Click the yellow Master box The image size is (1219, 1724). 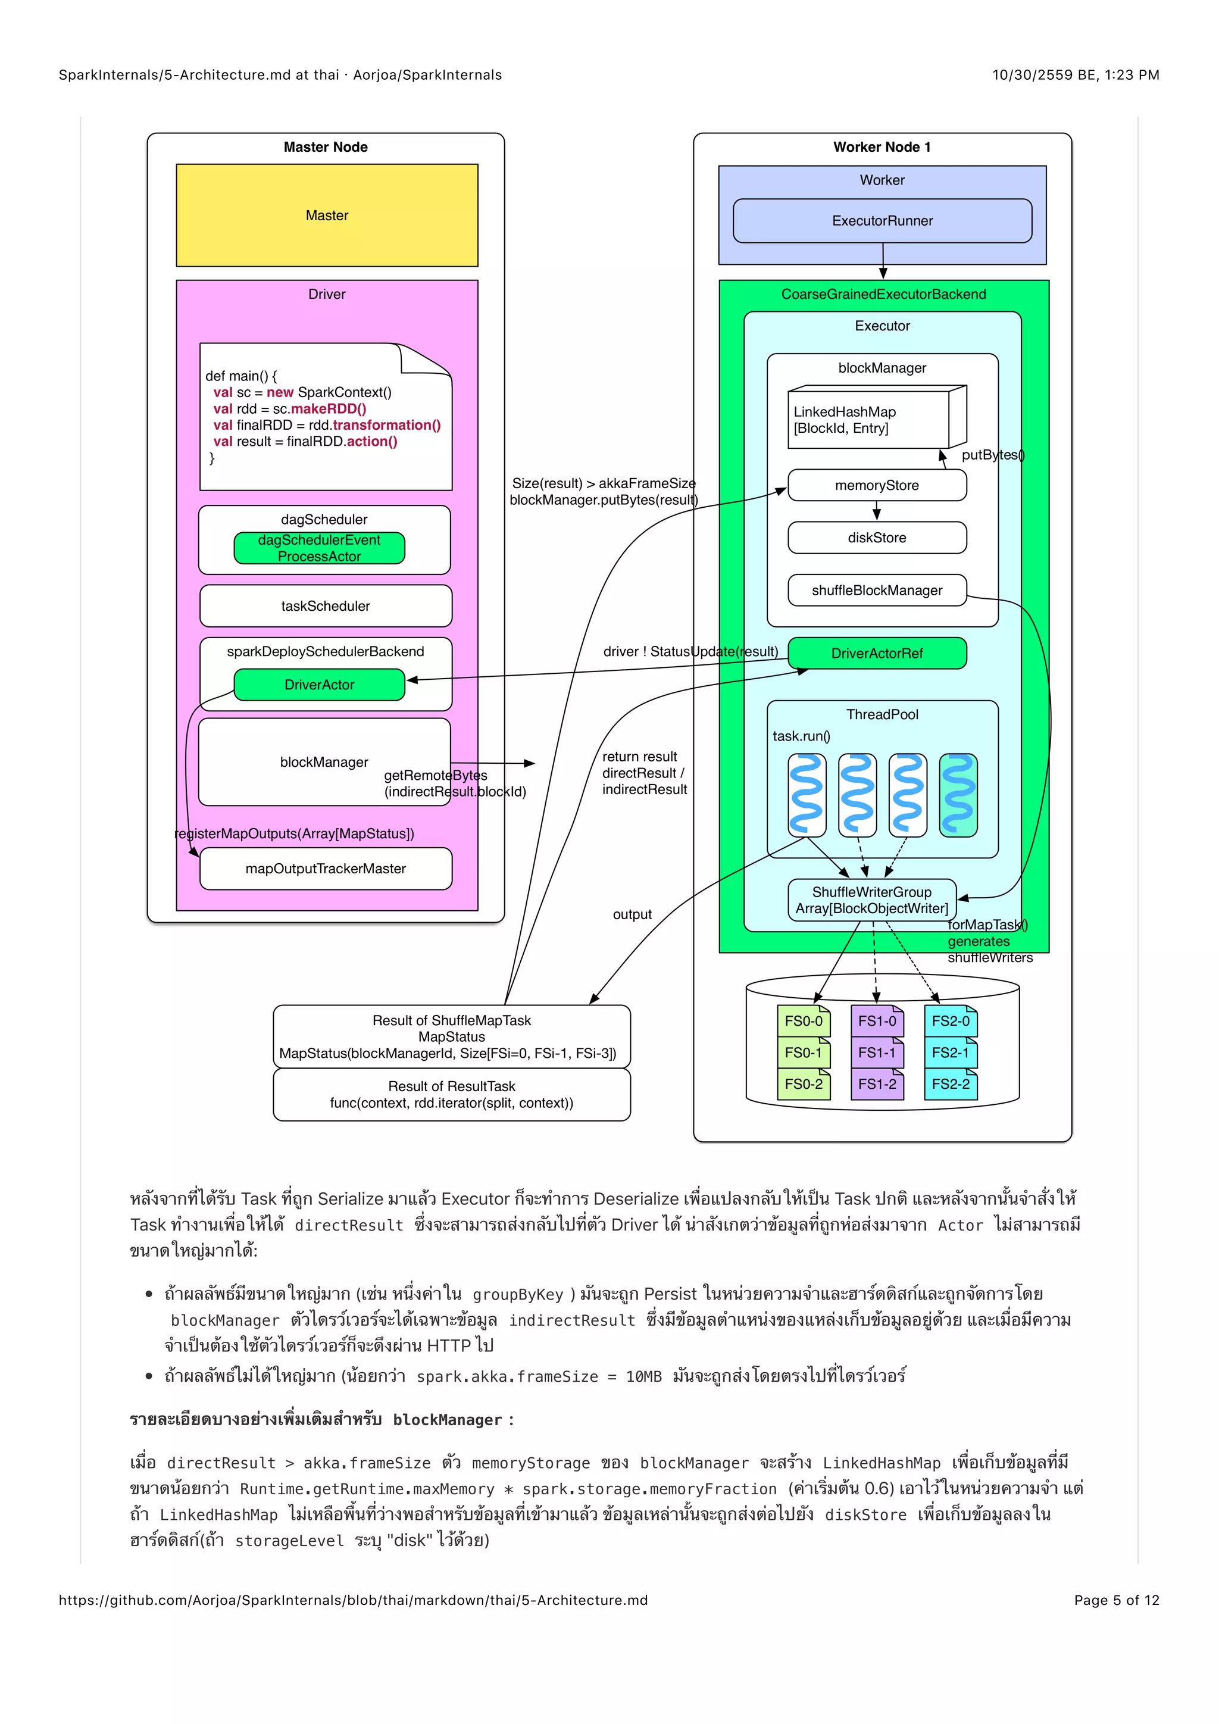coord(327,215)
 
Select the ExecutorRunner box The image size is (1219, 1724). coord(882,221)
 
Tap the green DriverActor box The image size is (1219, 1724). coord(319,685)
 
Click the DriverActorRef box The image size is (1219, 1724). coord(877,653)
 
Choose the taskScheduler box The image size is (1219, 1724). coord(325,606)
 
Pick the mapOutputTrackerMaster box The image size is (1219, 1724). coord(325,869)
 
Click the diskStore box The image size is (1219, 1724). coord(877,538)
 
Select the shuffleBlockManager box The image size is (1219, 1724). coord(877,590)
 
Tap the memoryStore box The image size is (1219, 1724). coord(877,486)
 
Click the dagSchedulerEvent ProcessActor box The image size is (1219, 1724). coord(319,548)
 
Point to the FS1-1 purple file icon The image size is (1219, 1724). coord(877,1052)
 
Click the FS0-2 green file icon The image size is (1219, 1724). coord(803,1084)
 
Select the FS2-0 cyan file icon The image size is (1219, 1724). coord(951,1021)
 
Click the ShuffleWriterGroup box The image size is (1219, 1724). coord(871,900)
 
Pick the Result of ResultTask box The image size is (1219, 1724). coord(451,1095)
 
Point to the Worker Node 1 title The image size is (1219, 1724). coord(882,147)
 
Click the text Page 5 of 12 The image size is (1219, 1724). coord(1116,1600)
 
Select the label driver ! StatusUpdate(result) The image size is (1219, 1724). coord(690,652)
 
